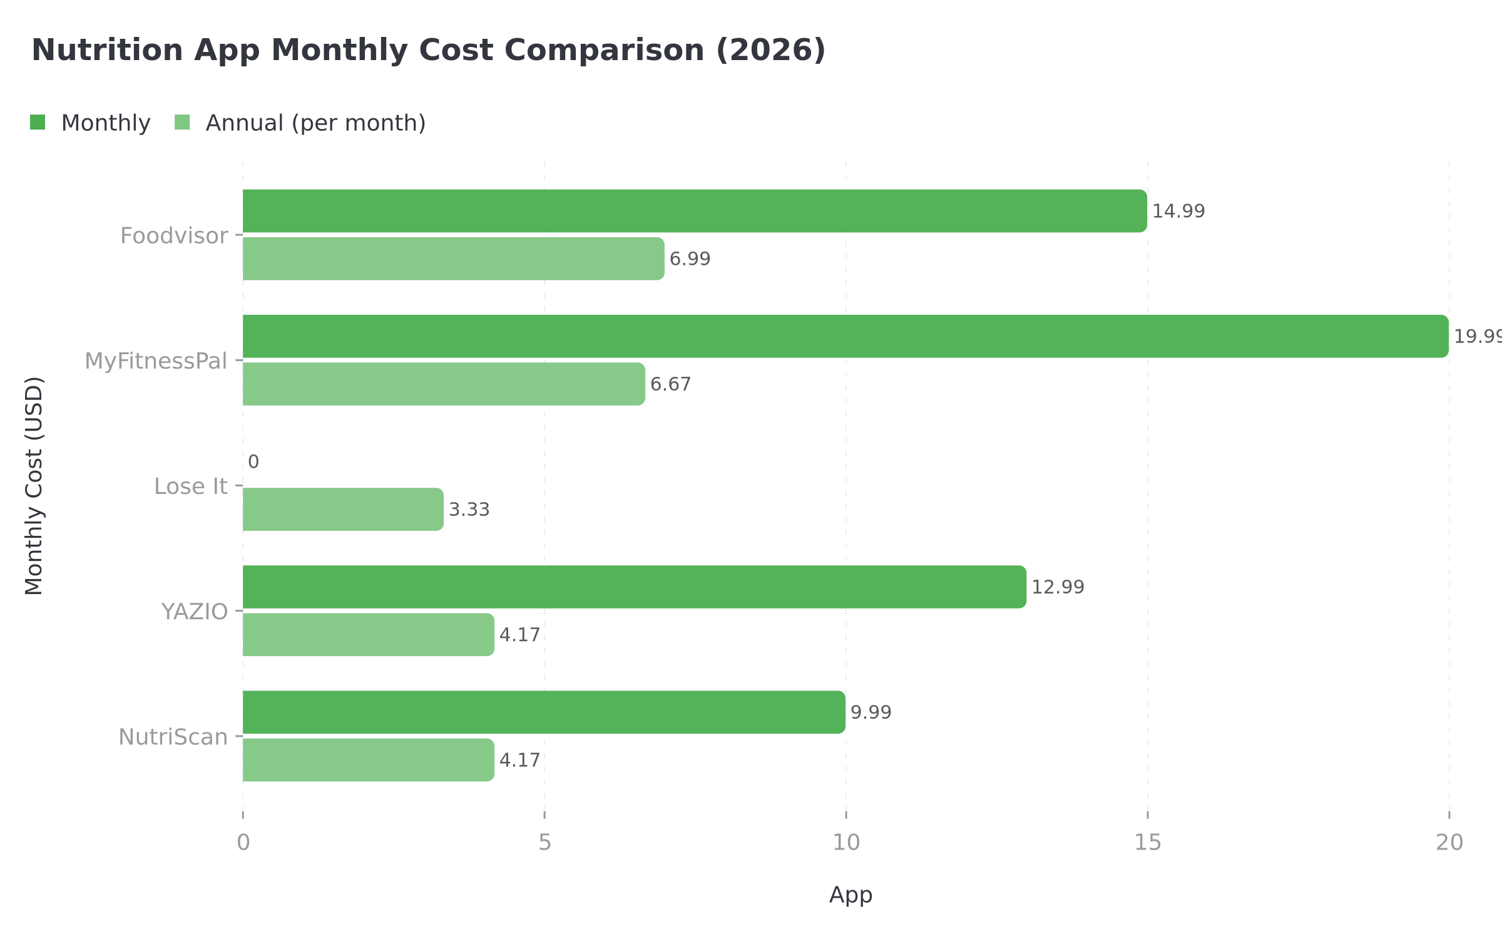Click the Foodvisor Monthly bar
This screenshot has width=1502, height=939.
tap(695, 211)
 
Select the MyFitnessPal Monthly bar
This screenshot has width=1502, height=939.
tap(845, 336)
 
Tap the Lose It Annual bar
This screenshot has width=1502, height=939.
tap(343, 509)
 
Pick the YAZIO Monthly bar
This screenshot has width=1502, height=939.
tap(634, 587)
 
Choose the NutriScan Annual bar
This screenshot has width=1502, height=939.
tap(368, 759)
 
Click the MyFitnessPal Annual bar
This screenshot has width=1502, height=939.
tap(443, 384)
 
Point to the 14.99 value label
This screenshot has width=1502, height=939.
tap(1178, 212)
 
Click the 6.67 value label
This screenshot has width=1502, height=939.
tap(670, 384)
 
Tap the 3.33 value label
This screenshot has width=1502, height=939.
tap(469, 510)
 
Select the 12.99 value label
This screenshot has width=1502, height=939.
tap(1057, 587)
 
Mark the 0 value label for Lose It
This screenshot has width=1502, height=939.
tap(253, 462)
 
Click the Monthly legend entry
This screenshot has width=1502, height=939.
tap(91, 123)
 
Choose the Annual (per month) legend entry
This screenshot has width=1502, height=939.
tap(300, 123)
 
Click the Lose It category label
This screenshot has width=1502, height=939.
tap(190, 486)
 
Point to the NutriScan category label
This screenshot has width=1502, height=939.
tap(173, 737)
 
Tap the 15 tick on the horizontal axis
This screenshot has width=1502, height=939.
tap(1147, 843)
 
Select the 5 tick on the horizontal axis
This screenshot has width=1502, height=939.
tap(544, 843)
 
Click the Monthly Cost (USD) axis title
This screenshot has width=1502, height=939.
tap(34, 485)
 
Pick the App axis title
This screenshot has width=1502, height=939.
tap(850, 895)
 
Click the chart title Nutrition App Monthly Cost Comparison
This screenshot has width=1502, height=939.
tap(428, 50)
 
